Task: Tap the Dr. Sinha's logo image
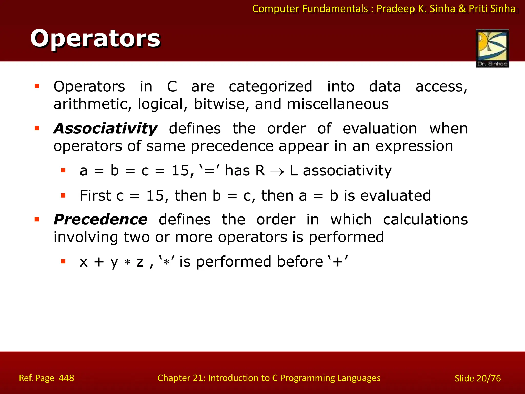click(x=492, y=48)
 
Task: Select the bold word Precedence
click(x=100, y=220)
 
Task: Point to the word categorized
click(x=270, y=87)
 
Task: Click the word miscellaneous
click(x=338, y=104)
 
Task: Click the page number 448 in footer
click(x=66, y=378)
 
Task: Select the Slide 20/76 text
click(x=477, y=378)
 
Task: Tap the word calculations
click(x=425, y=220)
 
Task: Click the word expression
click(x=414, y=146)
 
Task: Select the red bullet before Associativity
click(x=37, y=128)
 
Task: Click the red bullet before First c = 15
click(x=63, y=196)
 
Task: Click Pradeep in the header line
click(x=396, y=9)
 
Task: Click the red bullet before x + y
click(x=63, y=262)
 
